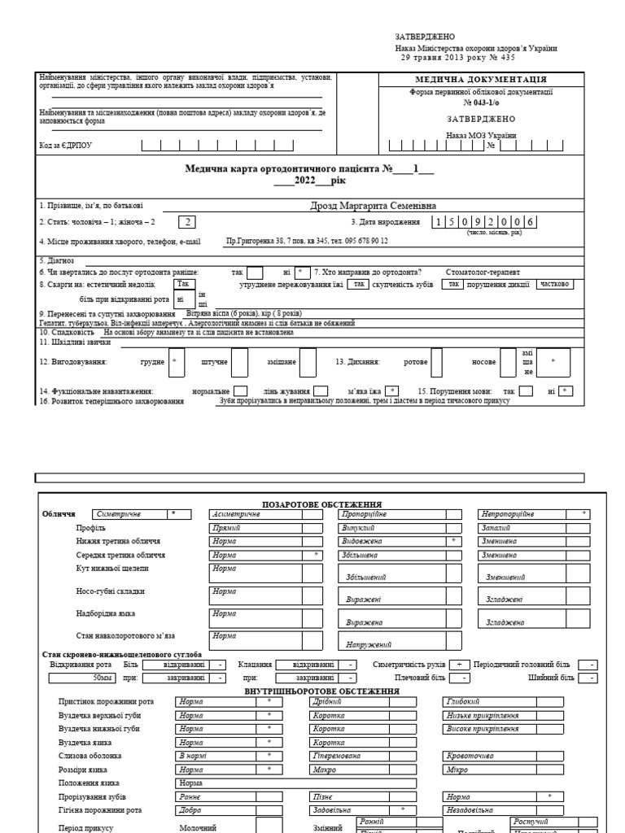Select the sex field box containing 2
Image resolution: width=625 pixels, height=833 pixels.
(x=187, y=222)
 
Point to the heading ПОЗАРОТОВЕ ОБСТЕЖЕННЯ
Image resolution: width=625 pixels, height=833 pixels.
(x=321, y=505)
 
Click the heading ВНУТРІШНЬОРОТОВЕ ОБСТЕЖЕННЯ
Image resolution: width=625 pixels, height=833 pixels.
(x=321, y=691)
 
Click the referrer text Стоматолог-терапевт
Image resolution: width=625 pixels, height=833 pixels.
(x=483, y=272)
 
